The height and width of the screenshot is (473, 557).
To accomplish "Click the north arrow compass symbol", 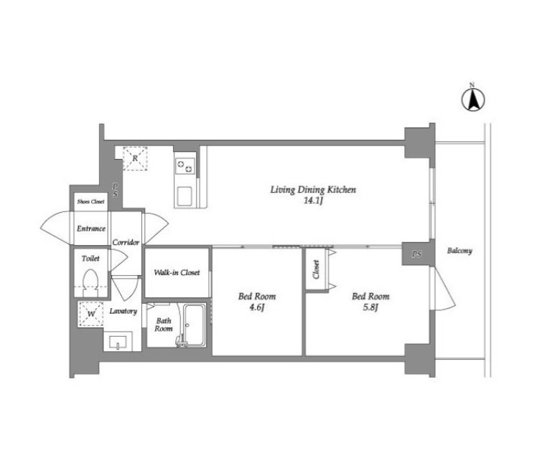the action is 473,100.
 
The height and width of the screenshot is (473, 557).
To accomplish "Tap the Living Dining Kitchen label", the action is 313,190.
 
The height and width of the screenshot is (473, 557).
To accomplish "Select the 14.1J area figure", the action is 313,201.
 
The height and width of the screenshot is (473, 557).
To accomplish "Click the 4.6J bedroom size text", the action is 256,307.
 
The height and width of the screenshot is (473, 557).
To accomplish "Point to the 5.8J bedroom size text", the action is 370,307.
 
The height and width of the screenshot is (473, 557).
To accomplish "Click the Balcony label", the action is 459,251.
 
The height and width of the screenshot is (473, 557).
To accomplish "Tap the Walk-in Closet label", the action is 177,272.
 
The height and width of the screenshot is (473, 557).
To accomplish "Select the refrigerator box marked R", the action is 135,158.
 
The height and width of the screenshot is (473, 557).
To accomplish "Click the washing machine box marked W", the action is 91,314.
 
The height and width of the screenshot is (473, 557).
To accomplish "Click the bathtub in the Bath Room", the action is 194,325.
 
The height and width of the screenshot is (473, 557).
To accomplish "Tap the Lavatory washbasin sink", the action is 118,342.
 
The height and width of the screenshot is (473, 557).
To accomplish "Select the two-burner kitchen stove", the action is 185,166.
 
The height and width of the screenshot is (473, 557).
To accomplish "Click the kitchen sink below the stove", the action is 184,196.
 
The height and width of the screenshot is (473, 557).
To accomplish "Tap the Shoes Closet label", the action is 91,201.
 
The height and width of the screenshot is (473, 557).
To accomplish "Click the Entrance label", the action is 91,229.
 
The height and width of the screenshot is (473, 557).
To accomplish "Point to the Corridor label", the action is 126,242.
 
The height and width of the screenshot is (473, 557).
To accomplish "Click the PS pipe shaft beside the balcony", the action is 416,254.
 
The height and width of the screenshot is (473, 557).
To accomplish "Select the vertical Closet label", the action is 316,269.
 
